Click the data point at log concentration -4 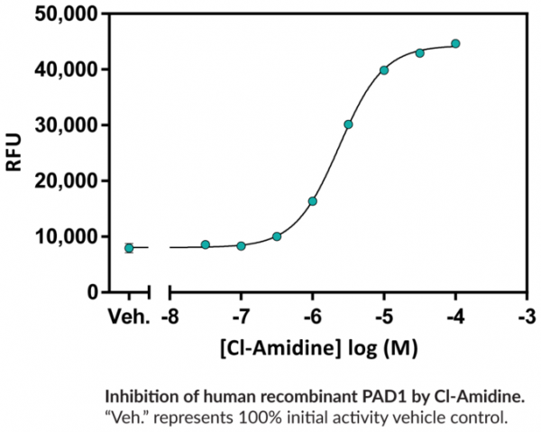[x=455, y=43]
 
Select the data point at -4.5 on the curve [x=420, y=53]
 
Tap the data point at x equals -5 [x=384, y=69]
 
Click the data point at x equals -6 [x=313, y=201]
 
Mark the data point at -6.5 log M [x=277, y=236]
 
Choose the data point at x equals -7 [x=241, y=245]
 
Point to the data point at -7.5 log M [x=206, y=244]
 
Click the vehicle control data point [x=129, y=248]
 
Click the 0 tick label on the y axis [x=92, y=292]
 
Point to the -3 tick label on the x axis [x=527, y=317]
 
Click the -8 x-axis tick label [x=170, y=317]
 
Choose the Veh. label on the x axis [x=128, y=317]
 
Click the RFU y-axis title [x=15, y=153]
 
